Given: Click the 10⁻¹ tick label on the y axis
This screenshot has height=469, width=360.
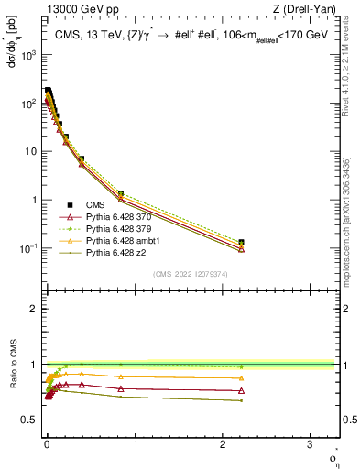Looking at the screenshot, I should click(x=27, y=248).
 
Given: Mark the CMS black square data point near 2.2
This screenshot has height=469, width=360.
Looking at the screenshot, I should click(x=242, y=243).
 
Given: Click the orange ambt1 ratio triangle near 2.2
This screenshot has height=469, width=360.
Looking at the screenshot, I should click(x=242, y=377).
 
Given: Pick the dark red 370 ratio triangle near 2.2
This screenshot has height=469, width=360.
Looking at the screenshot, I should click(x=242, y=391).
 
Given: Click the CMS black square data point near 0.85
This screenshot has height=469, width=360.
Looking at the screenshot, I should click(x=121, y=194).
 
